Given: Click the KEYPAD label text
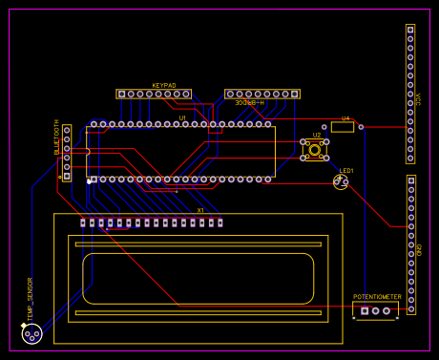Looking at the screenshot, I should (164, 86).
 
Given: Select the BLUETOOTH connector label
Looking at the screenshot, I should (57, 138).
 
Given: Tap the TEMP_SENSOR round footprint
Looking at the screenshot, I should (31, 333).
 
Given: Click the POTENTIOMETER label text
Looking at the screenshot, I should (377, 297).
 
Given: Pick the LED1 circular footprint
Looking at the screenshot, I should (341, 181).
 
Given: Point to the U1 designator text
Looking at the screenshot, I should (182, 117).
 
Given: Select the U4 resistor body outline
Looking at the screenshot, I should (342, 126).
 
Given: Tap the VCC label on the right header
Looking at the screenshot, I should (418, 98).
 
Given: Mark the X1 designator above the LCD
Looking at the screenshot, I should (200, 210).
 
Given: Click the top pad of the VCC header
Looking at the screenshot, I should (411, 31).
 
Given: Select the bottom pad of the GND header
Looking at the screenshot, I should (411, 308).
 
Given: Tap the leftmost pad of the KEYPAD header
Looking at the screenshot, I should (122, 95).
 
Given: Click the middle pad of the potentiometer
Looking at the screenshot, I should (376, 309).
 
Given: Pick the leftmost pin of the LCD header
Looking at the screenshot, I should (83, 223).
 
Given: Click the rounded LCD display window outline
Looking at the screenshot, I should (198, 277).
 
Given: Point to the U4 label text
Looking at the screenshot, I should (345, 117).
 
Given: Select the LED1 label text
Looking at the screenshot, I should (346, 171).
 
